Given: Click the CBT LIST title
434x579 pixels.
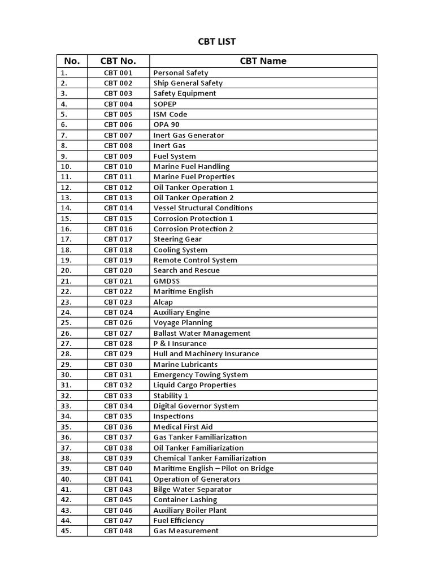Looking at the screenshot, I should point(217,41).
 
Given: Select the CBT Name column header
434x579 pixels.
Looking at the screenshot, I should point(263,61).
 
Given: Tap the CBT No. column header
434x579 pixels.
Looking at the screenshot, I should point(118,61).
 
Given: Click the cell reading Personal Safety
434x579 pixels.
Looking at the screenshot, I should point(181,73).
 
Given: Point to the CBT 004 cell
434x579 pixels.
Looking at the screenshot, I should point(118,104).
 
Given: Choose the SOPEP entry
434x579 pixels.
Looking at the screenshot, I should point(165,104).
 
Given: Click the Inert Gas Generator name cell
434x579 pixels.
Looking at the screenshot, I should point(189,135).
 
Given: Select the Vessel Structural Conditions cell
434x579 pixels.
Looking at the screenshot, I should point(203,208).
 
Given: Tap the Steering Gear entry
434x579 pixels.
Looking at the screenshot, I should point(177,239).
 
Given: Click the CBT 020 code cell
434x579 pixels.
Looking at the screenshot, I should point(118,271).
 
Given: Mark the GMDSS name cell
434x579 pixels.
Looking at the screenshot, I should point(167,281).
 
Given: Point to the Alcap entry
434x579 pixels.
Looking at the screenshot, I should point(163,302).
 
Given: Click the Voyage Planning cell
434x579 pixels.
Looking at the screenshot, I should point(183,323).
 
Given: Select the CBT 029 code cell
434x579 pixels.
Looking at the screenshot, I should point(118,354).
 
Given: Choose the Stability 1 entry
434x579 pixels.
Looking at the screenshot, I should point(171,396).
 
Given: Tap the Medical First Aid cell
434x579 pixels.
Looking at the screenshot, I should point(183,427).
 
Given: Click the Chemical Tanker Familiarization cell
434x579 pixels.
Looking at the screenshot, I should point(210,458).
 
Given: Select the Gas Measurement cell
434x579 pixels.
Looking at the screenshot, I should point(185,531).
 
